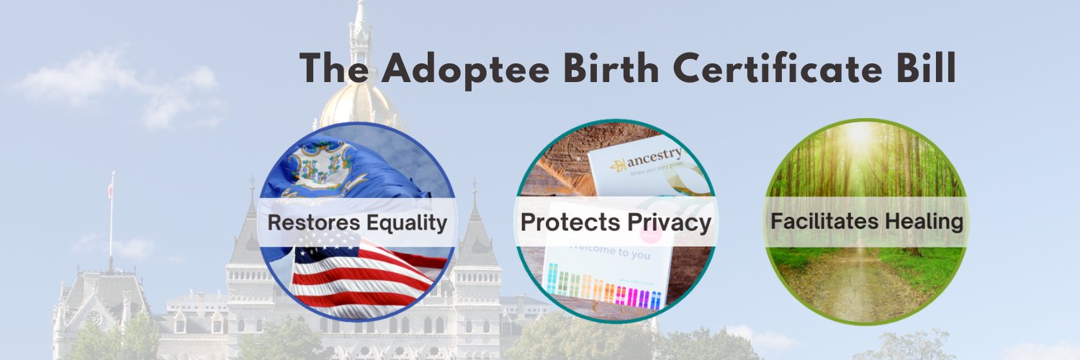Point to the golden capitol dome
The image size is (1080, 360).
click(359, 108)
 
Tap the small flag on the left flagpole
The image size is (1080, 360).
click(109, 191)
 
